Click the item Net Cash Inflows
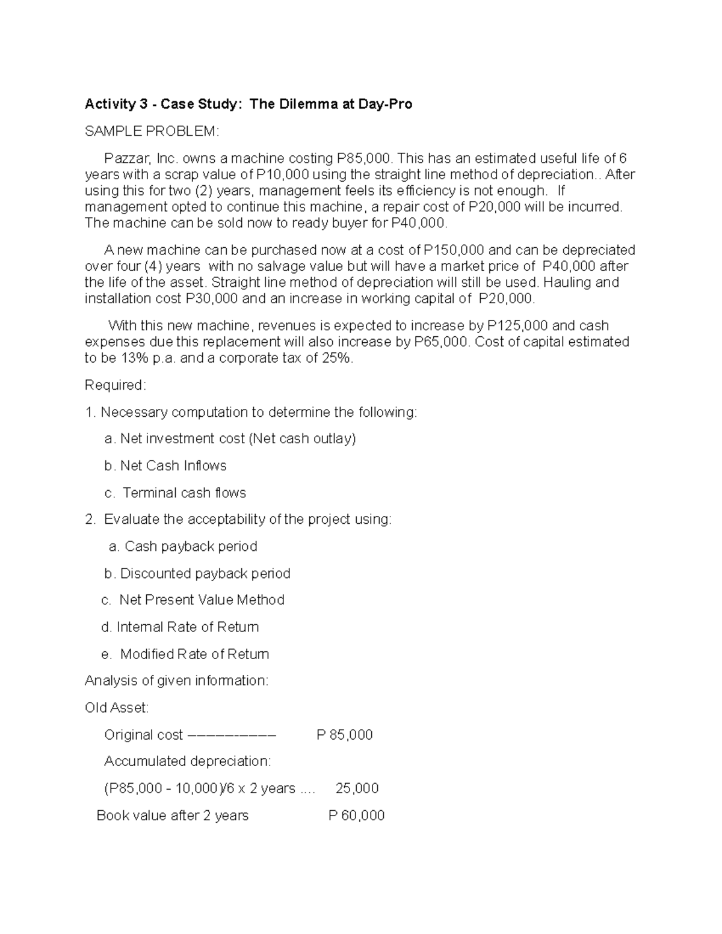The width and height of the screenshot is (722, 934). (x=173, y=465)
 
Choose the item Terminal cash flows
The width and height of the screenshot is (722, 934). (x=184, y=493)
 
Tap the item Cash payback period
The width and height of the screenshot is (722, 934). (x=190, y=546)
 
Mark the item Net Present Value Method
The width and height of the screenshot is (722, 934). (x=202, y=600)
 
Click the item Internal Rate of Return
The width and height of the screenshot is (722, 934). (x=187, y=627)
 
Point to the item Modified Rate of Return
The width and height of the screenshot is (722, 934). (x=194, y=654)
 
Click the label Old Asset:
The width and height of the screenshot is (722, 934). (x=117, y=708)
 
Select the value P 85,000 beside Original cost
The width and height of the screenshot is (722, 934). (x=344, y=734)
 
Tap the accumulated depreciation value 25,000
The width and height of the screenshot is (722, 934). (x=357, y=788)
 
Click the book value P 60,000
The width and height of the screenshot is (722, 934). (x=356, y=815)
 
